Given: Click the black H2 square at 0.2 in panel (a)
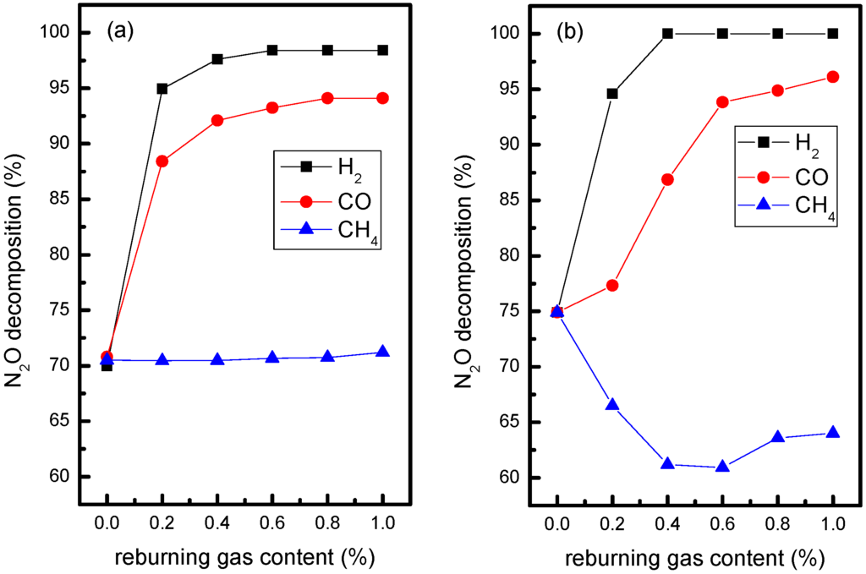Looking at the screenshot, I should [162, 89].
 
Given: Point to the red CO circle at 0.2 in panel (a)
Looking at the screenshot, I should [162, 161].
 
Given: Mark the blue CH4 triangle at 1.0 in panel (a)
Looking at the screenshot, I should [382, 352].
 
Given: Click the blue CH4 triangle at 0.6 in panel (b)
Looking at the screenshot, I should [722, 467].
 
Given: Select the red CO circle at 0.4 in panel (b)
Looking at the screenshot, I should [667, 179].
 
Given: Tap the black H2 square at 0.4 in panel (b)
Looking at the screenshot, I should [667, 34].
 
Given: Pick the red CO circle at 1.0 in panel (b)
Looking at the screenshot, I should [833, 77].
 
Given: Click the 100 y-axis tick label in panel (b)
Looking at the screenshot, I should [504, 34].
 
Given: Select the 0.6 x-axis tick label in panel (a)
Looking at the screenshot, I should [272, 524].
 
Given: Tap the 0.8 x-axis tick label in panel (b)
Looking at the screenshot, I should [778, 524].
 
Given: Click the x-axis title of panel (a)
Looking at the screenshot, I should [245, 558].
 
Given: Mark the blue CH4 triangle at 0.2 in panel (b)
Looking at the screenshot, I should [612, 405].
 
